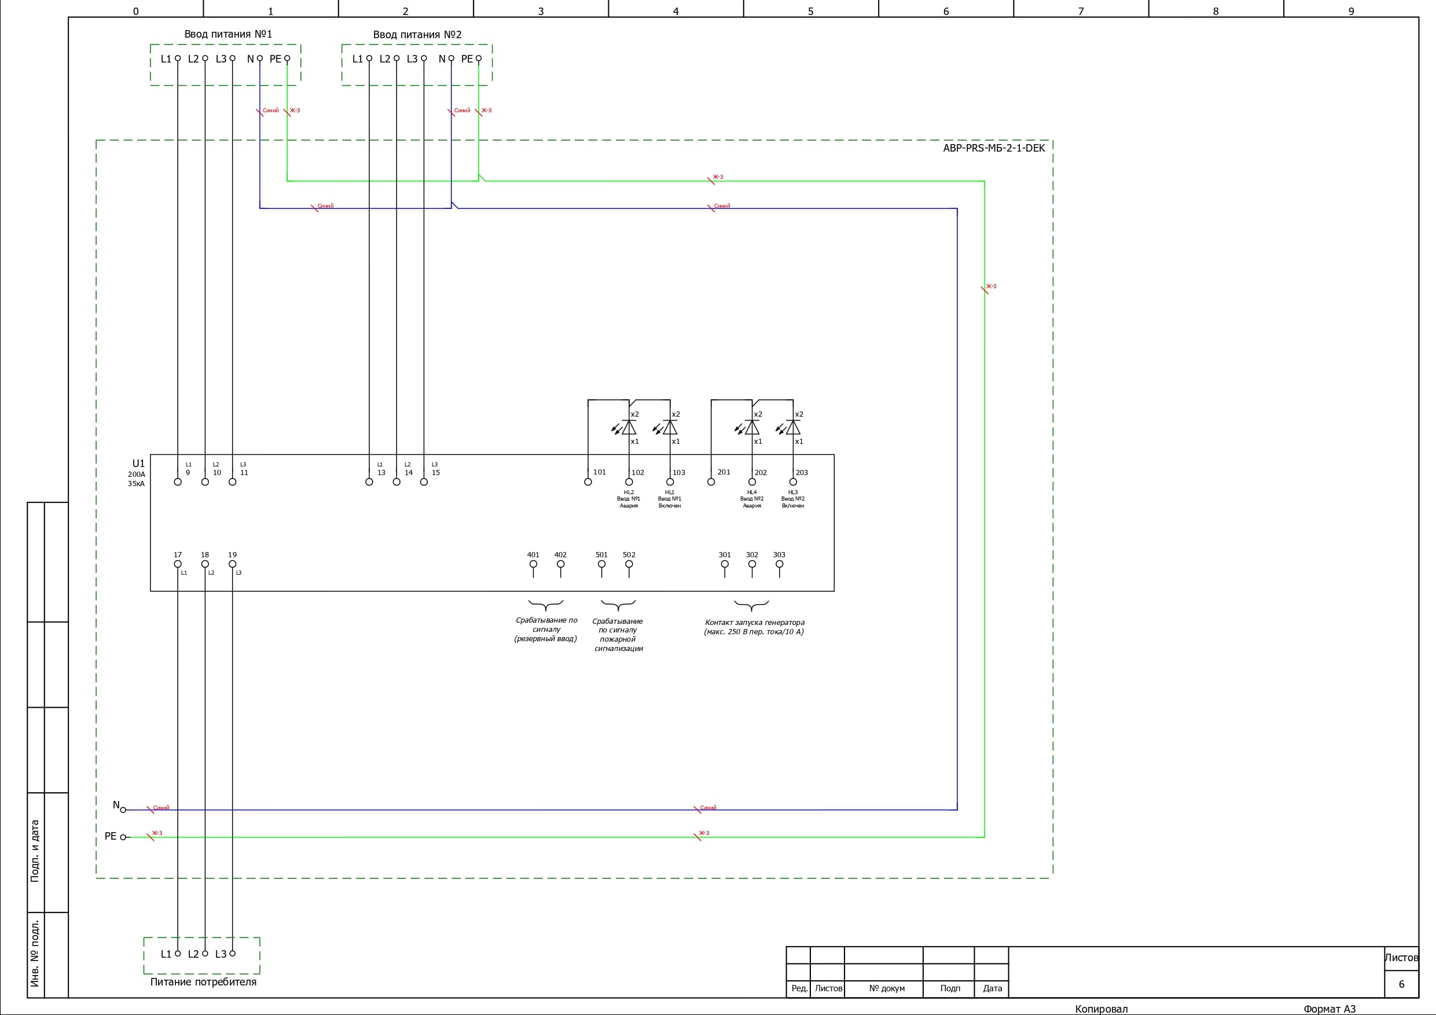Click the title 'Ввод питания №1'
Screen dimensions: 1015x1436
(x=228, y=34)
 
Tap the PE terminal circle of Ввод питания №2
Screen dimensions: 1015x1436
(x=479, y=59)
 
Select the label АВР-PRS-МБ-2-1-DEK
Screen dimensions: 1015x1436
(x=994, y=148)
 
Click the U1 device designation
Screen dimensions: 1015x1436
(x=138, y=464)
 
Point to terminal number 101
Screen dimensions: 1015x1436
(x=599, y=472)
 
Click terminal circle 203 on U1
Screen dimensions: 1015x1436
(x=793, y=482)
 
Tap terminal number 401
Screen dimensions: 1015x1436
(x=533, y=555)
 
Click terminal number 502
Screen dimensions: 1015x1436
(x=629, y=555)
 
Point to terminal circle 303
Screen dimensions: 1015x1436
(x=779, y=564)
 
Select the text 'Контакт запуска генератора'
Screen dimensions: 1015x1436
(x=754, y=623)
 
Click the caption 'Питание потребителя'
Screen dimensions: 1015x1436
(x=203, y=982)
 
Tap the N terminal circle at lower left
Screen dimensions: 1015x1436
(x=123, y=810)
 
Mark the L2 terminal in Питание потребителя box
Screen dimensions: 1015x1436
(x=205, y=954)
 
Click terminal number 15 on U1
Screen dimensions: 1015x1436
(x=436, y=473)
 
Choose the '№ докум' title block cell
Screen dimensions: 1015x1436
(x=887, y=989)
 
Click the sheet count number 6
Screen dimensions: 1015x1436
(x=1401, y=984)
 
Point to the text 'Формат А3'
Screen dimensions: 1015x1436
(x=1329, y=1009)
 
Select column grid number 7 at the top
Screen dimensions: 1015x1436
(x=1081, y=11)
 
